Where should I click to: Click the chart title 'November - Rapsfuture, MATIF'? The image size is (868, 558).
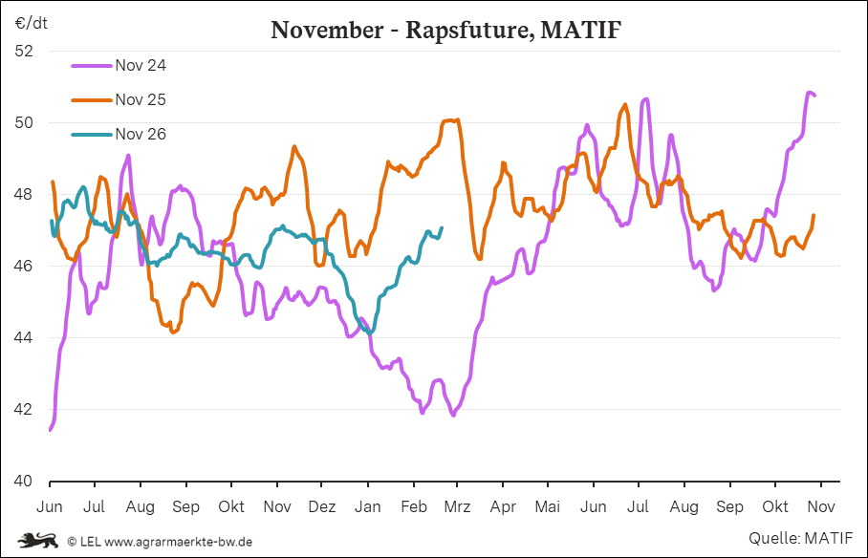pyautogui.click(x=446, y=30)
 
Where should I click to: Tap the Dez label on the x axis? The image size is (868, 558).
pyautogui.click(x=322, y=505)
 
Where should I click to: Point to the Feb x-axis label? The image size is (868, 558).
pyautogui.click(x=413, y=505)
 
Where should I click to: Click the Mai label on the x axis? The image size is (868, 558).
pyautogui.click(x=548, y=505)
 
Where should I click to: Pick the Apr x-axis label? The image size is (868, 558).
pyautogui.click(x=502, y=505)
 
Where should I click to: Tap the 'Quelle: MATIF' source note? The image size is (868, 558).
pyautogui.click(x=801, y=539)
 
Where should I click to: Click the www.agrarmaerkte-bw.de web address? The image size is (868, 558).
pyautogui.click(x=178, y=542)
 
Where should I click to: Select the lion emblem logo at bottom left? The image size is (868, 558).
pyautogui.click(x=38, y=541)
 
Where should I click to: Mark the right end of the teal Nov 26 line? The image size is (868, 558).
pyautogui.click(x=442, y=227)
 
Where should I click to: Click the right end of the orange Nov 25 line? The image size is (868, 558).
pyautogui.click(x=814, y=215)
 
